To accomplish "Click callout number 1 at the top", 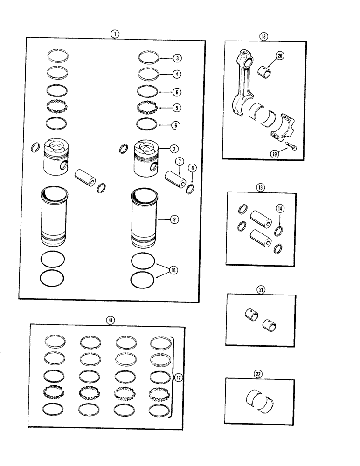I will pyautogui.click(x=115, y=34).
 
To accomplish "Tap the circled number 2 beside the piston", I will pyautogui.click(x=173, y=149).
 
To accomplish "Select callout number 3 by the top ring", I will pyautogui.click(x=177, y=58).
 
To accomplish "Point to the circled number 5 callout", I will pyautogui.click(x=177, y=108).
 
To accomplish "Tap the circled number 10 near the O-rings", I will pyautogui.click(x=173, y=269).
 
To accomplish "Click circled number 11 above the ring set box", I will pyautogui.click(x=110, y=320).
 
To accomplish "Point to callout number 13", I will pyautogui.click(x=260, y=187).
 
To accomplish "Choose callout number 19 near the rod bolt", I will pyautogui.click(x=275, y=153).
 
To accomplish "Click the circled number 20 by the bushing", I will pyautogui.click(x=280, y=56).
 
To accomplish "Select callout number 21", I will pyautogui.click(x=260, y=289).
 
